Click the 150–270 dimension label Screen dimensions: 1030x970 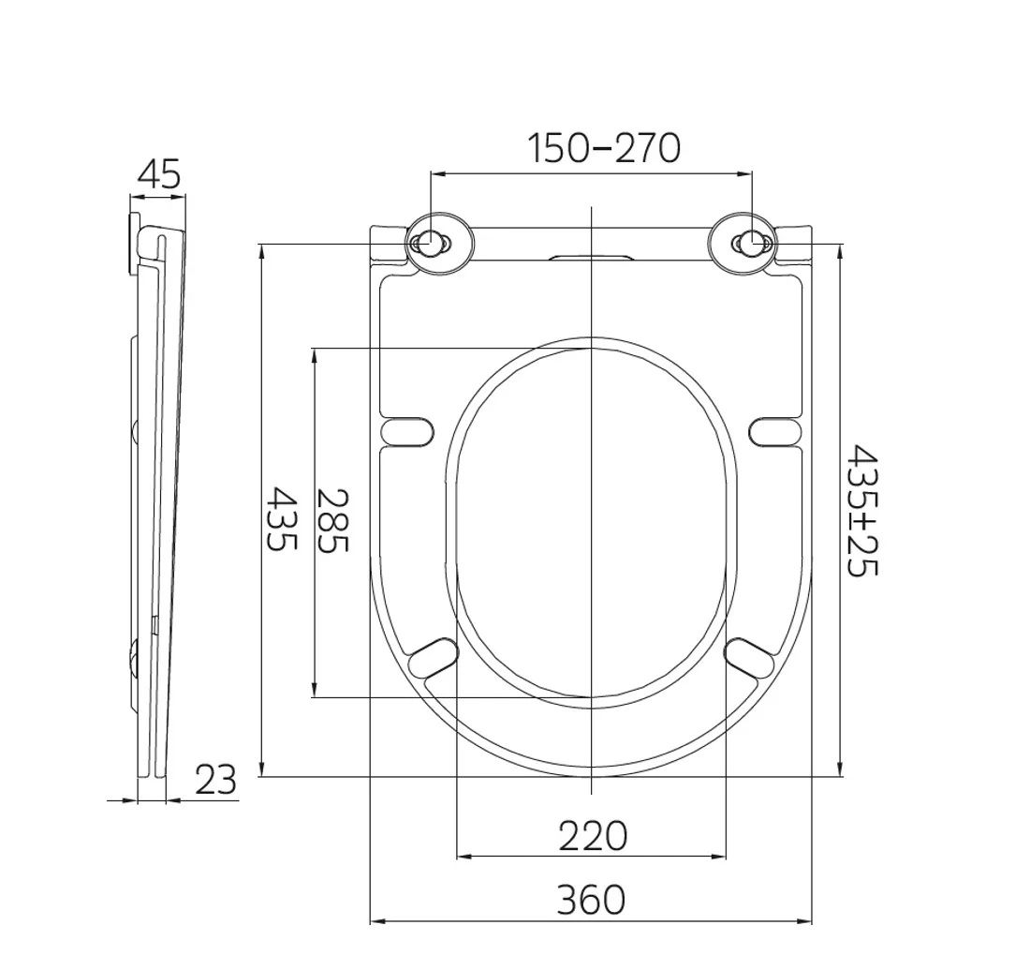click(x=604, y=148)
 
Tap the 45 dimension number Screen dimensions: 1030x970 click(x=158, y=175)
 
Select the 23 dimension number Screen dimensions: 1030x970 click(x=215, y=781)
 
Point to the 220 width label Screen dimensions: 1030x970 click(x=593, y=836)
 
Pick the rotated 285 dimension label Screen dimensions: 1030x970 click(x=331, y=520)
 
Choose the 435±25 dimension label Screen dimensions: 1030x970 click(x=861, y=511)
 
